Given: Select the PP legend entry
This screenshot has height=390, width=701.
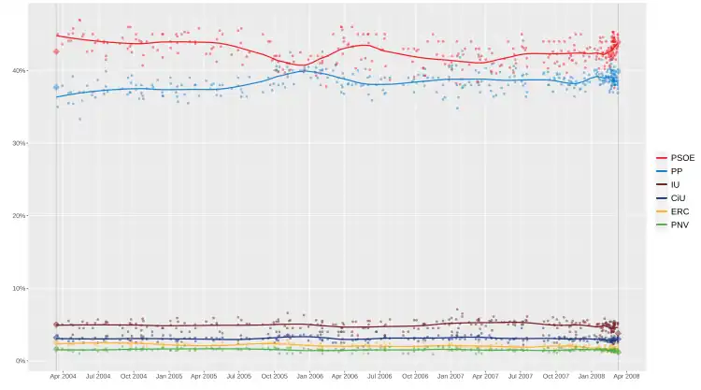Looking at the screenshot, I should click(x=668, y=171).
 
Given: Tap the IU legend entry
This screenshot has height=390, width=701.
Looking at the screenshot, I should click(x=668, y=185).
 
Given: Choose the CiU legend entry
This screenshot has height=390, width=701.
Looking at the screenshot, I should click(x=668, y=198).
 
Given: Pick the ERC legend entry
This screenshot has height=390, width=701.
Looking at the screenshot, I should click(x=668, y=211).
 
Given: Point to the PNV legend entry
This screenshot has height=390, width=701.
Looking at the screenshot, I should click(x=668, y=225).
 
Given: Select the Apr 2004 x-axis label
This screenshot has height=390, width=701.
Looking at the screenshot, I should click(x=63, y=376).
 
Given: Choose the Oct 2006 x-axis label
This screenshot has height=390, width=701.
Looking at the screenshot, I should click(x=415, y=376).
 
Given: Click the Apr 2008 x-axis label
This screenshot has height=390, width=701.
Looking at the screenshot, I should click(x=626, y=376).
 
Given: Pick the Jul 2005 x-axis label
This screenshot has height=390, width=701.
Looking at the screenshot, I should click(x=238, y=376).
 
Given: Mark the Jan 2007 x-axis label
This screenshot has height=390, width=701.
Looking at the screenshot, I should click(x=451, y=376).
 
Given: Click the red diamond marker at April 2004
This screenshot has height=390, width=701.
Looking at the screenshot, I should click(x=56, y=51).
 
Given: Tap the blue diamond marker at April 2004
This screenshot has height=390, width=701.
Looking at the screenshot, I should click(x=56, y=87).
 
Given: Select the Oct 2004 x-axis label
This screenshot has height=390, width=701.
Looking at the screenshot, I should click(x=133, y=376).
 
